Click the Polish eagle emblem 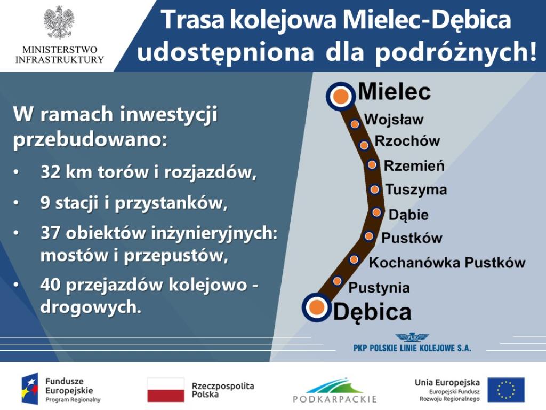[59, 22]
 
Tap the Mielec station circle [341, 96]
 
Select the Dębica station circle [317, 307]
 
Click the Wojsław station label [394, 119]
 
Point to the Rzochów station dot [364, 145]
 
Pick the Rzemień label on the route [414, 165]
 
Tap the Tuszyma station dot [374, 190]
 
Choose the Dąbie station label [408, 215]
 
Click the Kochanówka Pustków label [447, 263]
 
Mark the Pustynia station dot [337, 281]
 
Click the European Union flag [506, 390]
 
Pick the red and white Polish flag [166, 389]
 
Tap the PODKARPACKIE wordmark [335, 399]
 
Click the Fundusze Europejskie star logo [30, 390]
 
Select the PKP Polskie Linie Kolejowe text [412, 348]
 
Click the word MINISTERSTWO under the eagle [60, 50]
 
